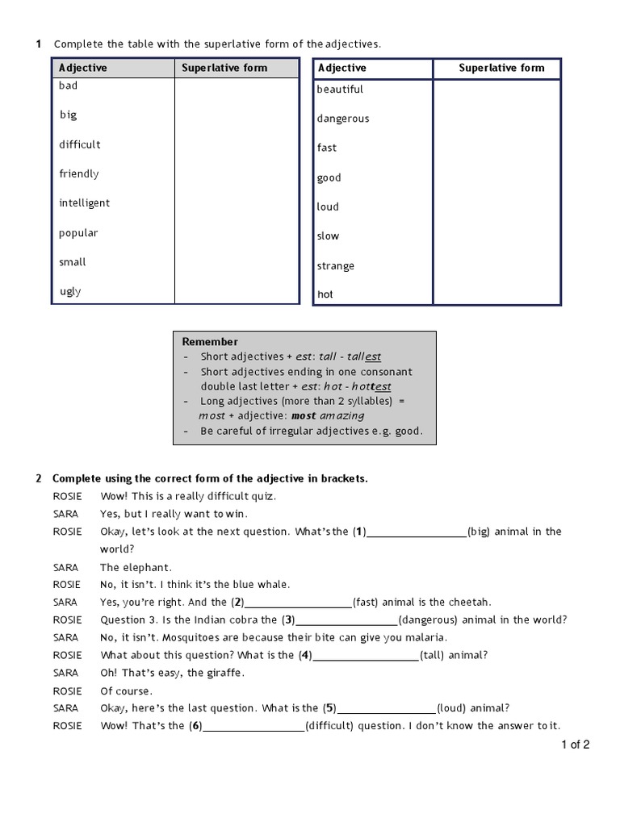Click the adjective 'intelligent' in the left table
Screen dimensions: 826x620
click(x=84, y=203)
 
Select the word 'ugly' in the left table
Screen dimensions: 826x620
click(x=70, y=291)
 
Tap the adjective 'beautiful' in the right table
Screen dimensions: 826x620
click(x=340, y=90)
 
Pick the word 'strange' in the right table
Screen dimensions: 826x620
click(x=336, y=266)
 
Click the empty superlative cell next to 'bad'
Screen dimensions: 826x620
click(x=237, y=86)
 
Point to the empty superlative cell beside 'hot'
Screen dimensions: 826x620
click(x=496, y=294)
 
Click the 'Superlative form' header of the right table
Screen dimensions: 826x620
click(x=501, y=69)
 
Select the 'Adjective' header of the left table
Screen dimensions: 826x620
click(x=83, y=69)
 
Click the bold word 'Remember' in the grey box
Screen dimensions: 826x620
click(x=210, y=342)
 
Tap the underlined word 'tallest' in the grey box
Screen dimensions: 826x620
click(x=364, y=357)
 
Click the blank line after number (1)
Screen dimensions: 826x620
click(x=417, y=532)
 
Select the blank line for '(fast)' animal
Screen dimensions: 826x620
click(x=298, y=603)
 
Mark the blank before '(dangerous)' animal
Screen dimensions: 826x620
click(x=347, y=620)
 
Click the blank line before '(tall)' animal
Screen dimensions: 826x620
click(x=365, y=656)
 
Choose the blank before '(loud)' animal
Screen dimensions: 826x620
click(x=387, y=709)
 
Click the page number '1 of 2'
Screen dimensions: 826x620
click(x=576, y=745)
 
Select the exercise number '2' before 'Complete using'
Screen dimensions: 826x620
click(x=39, y=479)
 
